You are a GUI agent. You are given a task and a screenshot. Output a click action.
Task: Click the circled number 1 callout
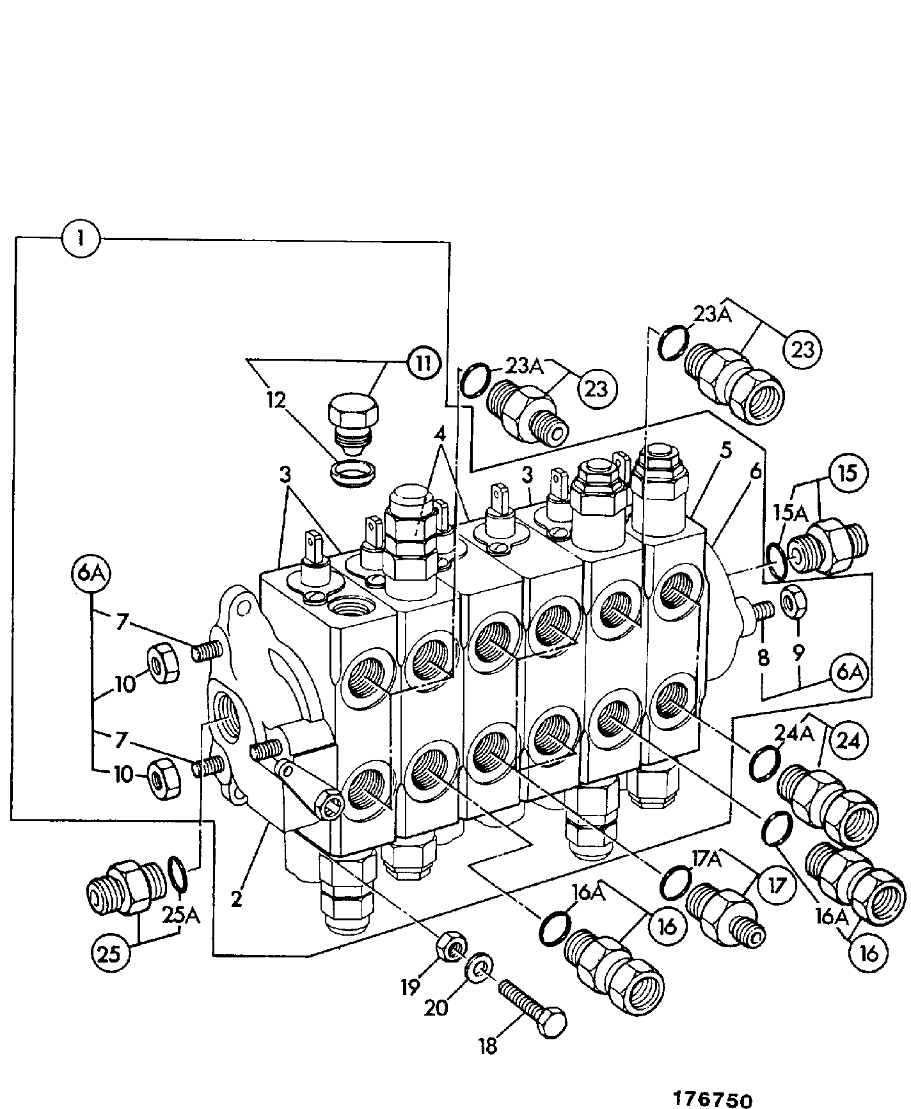(x=81, y=240)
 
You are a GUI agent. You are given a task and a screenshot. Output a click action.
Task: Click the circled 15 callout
(x=848, y=473)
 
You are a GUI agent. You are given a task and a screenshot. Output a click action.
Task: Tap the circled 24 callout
(x=849, y=741)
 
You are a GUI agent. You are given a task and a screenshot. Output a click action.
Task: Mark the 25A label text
(x=182, y=916)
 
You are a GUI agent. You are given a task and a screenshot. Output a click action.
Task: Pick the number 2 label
(x=237, y=899)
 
